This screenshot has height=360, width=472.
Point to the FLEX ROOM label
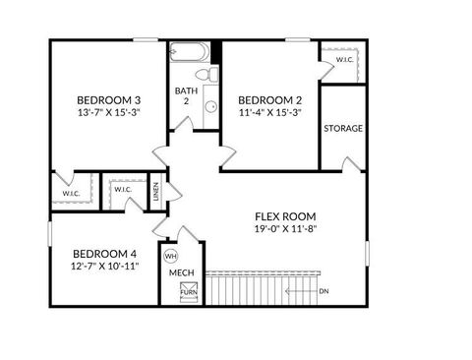(285, 216)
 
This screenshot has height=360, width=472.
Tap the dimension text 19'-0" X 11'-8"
(285, 229)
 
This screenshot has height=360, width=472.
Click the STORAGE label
(343, 129)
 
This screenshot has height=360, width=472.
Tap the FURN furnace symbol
(187, 291)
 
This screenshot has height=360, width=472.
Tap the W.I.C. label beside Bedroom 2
(344, 60)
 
